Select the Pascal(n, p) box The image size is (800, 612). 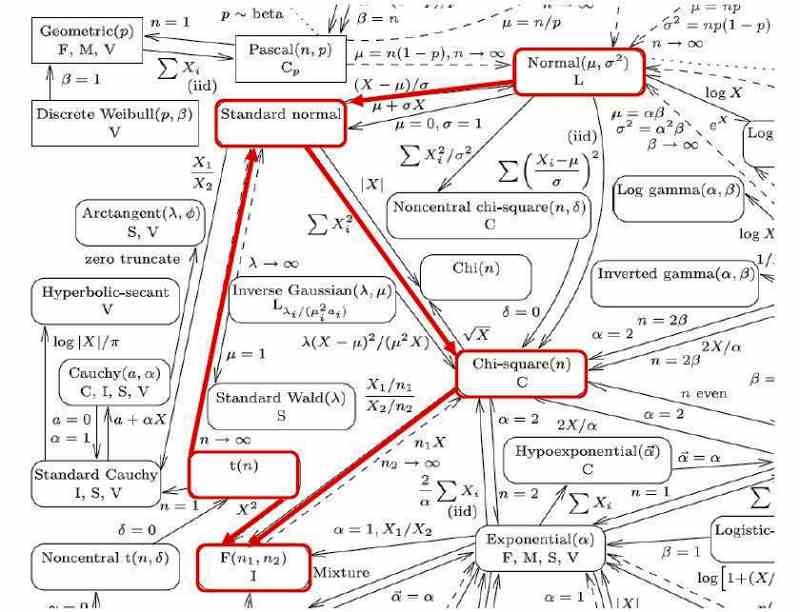[282, 56]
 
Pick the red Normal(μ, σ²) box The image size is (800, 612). [579, 70]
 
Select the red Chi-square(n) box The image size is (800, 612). [518, 372]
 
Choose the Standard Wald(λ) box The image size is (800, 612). [266, 406]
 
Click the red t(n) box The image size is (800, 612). [244, 474]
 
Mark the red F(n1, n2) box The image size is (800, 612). [253, 566]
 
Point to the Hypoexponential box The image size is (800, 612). [573, 459]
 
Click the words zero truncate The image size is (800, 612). [133, 259]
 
